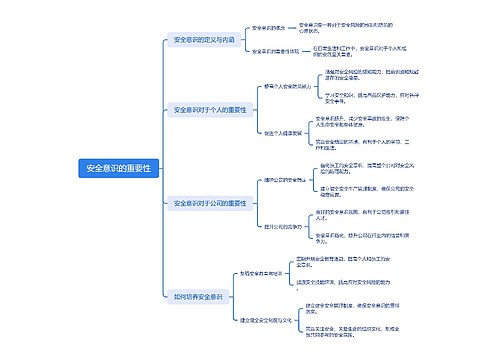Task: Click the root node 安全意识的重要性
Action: pyautogui.click(x=119, y=168)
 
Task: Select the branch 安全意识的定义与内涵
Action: pyautogui.click(x=203, y=41)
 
